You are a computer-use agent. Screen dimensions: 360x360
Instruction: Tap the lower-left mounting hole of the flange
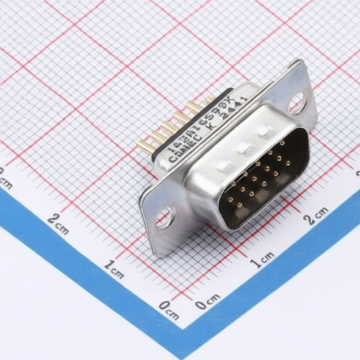(165, 217)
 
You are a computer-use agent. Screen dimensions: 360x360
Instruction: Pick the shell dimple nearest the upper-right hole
(264, 131)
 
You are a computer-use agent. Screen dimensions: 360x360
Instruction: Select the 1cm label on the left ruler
(115, 268)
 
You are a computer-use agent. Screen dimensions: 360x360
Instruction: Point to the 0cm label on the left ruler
(169, 309)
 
